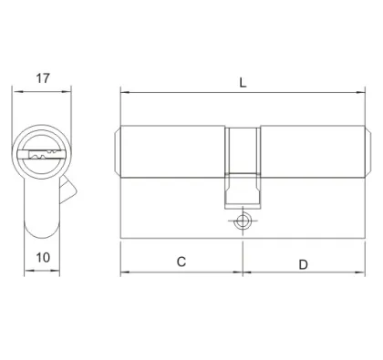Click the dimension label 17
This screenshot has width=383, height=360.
[40, 78]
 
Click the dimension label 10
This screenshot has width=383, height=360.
[42, 259]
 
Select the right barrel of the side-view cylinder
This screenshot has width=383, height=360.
[310, 150]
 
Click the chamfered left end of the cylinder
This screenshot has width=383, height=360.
[117, 150]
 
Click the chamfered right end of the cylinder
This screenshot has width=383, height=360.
[367, 150]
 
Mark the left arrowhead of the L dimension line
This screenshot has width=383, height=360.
[125, 92]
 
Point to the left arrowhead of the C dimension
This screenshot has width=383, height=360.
[125, 273]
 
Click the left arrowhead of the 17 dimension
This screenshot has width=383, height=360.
[15, 89]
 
